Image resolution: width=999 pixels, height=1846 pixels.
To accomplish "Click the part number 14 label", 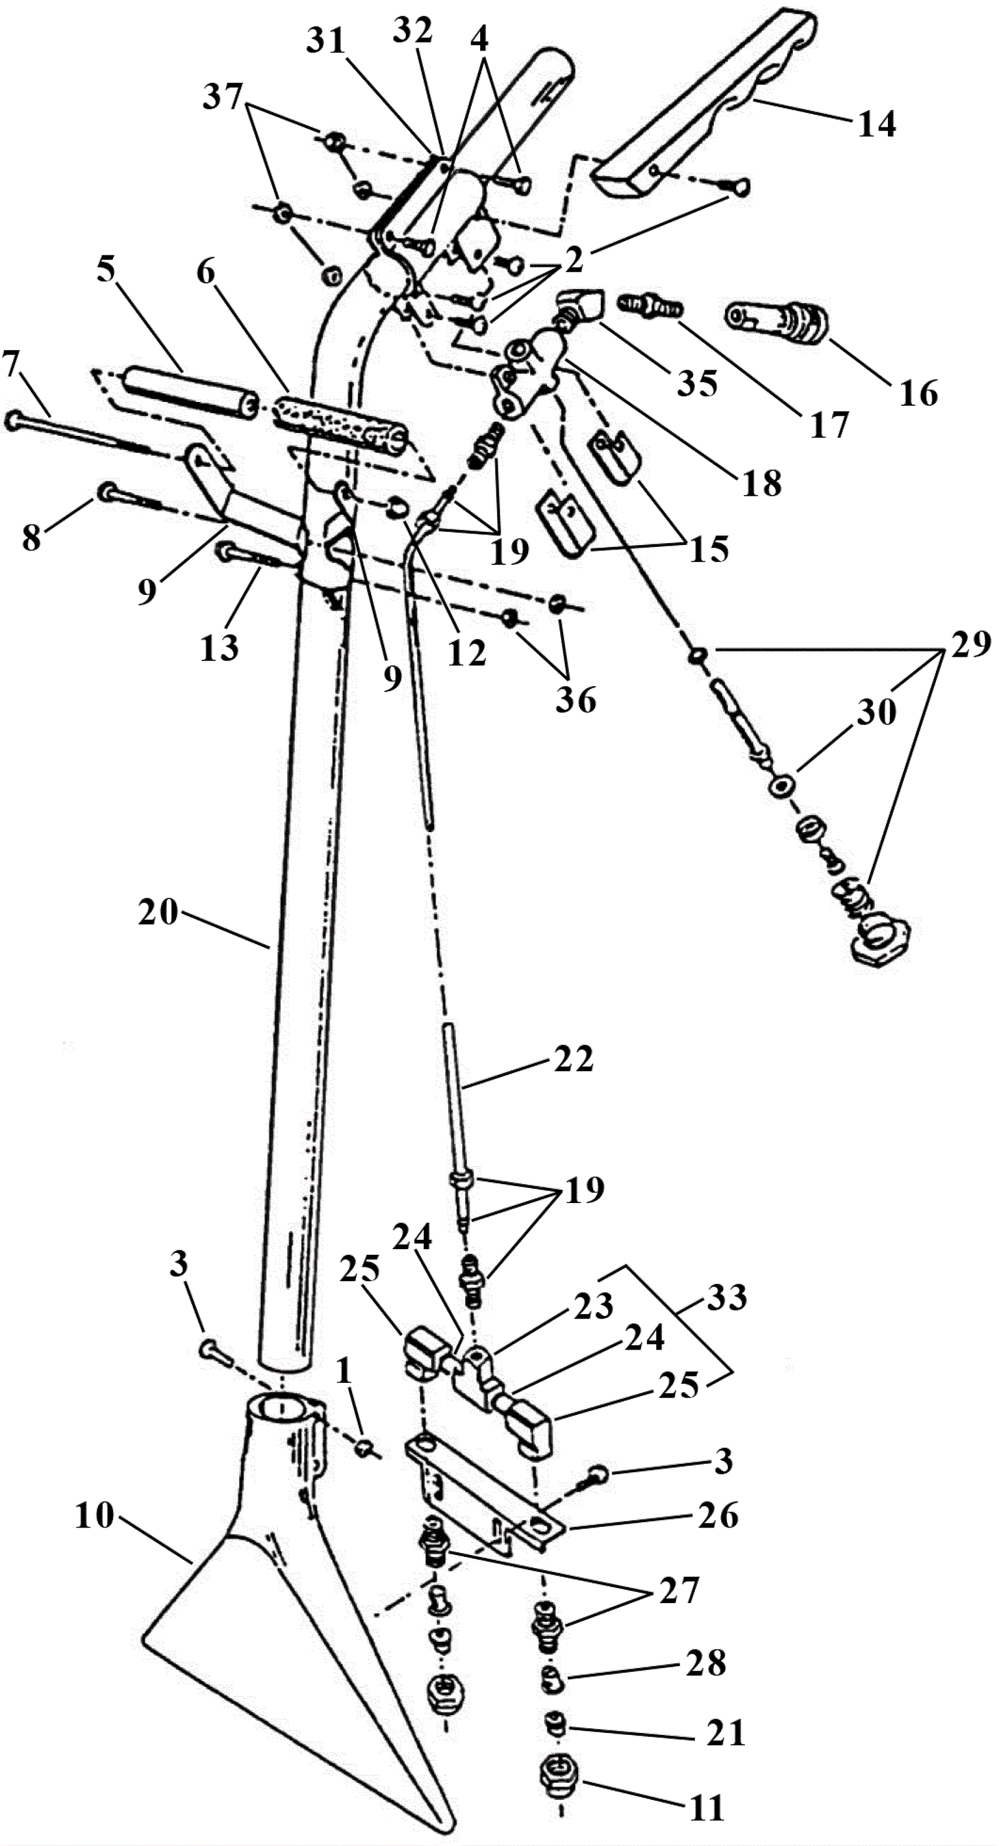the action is click(x=877, y=124).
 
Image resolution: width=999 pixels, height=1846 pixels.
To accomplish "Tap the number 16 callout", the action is click(x=920, y=393).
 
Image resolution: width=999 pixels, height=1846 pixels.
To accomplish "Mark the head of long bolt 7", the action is click(x=14, y=420).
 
